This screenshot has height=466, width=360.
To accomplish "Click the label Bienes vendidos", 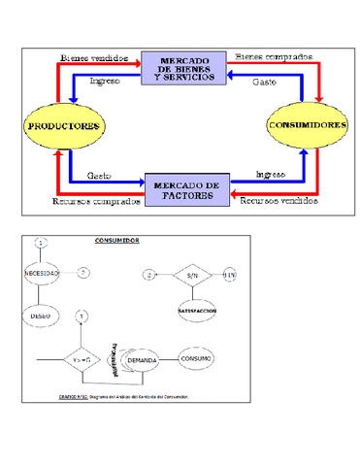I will [93, 57].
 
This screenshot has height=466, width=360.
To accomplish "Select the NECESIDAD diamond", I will [42, 274].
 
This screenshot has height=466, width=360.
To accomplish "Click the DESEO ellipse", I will [42, 315].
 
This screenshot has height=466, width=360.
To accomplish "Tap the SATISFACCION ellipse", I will [195, 311].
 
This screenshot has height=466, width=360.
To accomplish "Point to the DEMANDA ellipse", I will [142, 358].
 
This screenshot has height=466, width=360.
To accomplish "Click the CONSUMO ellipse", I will [197, 358].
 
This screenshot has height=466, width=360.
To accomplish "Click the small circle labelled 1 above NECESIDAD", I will [42, 242].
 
